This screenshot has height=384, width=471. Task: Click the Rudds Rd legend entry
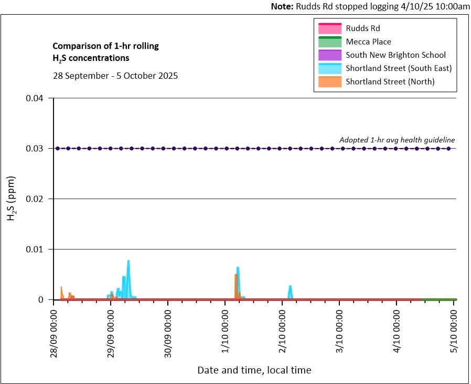pos(362,28)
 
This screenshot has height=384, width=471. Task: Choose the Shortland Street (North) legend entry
pos(390,81)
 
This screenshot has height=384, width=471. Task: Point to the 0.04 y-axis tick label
pos(38,98)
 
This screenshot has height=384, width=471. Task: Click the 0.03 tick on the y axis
pos(38,149)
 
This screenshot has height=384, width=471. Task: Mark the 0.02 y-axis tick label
pos(38,199)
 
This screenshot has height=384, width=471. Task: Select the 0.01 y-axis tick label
pos(38,249)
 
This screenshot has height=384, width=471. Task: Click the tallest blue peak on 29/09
pos(128,262)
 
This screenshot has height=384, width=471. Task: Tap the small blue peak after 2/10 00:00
pos(290,287)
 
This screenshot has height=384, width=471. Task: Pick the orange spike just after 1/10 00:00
pos(236,275)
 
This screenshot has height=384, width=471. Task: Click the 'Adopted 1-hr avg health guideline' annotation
pos(397,140)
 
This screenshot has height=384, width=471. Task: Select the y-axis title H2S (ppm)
pos(12,199)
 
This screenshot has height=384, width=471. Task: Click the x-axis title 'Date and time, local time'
pos(254,370)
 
